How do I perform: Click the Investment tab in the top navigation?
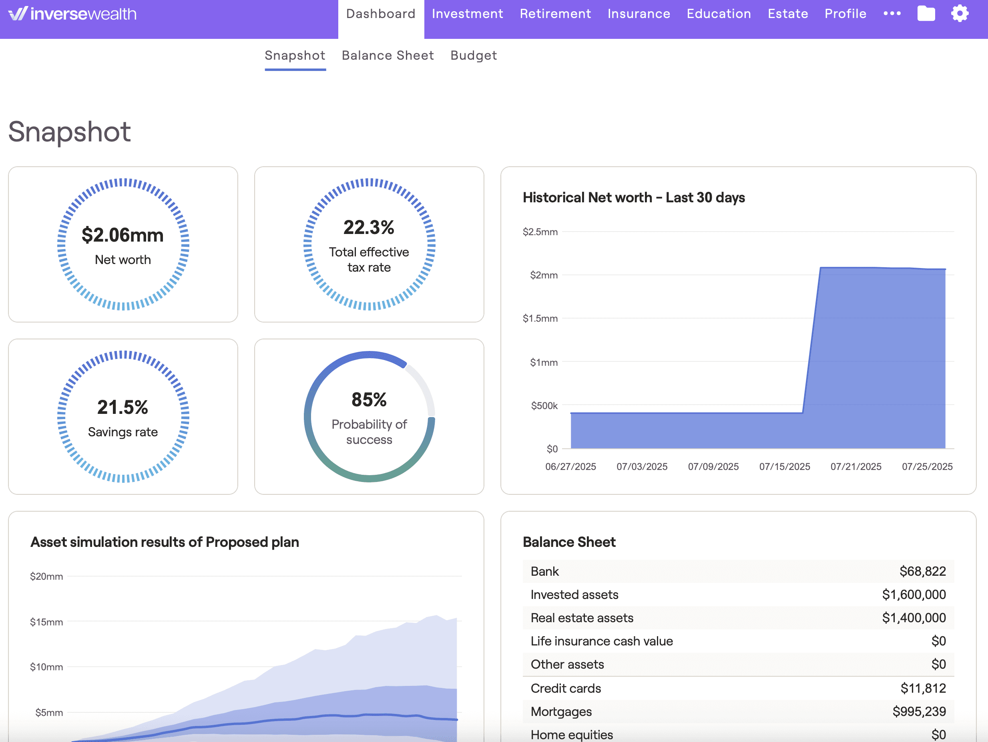pyautogui.click(x=467, y=14)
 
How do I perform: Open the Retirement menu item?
pyautogui.click(x=555, y=14)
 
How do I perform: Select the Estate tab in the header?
pyautogui.click(x=787, y=14)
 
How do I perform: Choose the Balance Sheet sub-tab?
pyautogui.click(x=387, y=55)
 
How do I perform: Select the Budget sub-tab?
pyautogui.click(x=473, y=55)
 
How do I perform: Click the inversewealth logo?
pyautogui.click(x=73, y=14)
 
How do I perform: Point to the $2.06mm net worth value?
pyautogui.click(x=122, y=235)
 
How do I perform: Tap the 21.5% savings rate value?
pyautogui.click(x=122, y=407)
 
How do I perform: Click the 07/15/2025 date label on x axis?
pyautogui.click(x=784, y=467)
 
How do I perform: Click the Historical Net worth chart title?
pyautogui.click(x=633, y=198)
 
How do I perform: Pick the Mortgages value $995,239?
pyautogui.click(x=919, y=711)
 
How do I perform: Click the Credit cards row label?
pyautogui.click(x=566, y=688)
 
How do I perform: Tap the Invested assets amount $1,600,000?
pyautogui.click(x=914, y=595)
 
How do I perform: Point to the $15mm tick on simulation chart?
pyautogui.click(x=46, y=622)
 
